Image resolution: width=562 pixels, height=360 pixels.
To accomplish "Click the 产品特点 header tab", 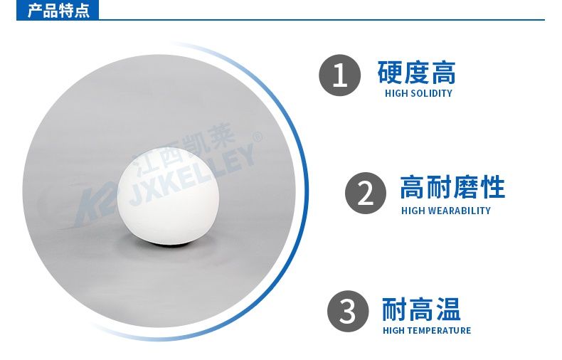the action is tap(58, 10).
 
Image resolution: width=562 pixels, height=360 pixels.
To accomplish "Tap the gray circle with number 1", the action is tap(340, 75).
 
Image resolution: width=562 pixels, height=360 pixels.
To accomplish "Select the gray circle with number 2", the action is tap(366, 194).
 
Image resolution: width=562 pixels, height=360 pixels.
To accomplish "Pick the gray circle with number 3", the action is tap(348, 311).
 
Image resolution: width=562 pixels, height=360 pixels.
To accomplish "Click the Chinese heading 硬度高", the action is tap(416, 73).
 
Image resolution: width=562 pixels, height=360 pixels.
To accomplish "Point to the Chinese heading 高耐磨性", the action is tap(452, 187).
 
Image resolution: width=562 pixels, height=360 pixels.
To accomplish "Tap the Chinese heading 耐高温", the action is tap(421, 309).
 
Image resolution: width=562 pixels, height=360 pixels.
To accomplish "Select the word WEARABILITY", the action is tap(459, 211).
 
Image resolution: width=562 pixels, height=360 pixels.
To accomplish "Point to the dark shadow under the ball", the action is tap(168, 243).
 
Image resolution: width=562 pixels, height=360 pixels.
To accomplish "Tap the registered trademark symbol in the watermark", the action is tap(258, 137).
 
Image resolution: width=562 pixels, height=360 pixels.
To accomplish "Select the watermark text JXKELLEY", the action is tap(192, 176).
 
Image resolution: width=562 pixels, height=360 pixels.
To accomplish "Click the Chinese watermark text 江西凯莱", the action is tap(183, 145).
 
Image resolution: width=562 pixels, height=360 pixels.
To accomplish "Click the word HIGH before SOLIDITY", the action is tap(396, 94).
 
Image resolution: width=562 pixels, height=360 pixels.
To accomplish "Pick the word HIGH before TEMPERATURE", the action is tap(394, 330).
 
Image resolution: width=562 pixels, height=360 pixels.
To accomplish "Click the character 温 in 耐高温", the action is tap(448, 309).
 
